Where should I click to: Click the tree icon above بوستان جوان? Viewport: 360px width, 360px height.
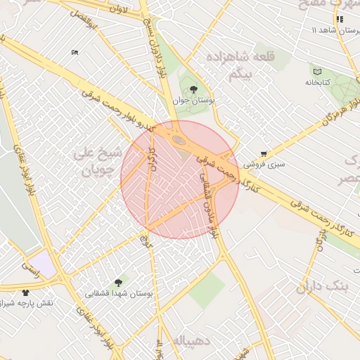pos(193,89)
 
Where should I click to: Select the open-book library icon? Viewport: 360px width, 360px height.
pos(317,71)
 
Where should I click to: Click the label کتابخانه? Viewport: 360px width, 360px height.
pos(317,82)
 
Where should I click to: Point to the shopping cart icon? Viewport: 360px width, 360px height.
pos(264,153)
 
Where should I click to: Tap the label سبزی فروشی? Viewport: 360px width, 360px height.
pos(265,164)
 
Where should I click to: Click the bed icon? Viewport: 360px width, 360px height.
pos(75,52)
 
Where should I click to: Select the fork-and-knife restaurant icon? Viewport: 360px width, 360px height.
pos(340,20)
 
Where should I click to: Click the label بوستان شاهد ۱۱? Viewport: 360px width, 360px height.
pos(335,31)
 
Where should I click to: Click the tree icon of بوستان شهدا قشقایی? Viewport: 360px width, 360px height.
pos(117,282)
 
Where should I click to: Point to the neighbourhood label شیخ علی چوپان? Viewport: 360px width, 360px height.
pos(98,161)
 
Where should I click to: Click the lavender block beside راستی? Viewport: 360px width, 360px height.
pos(41,264)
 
